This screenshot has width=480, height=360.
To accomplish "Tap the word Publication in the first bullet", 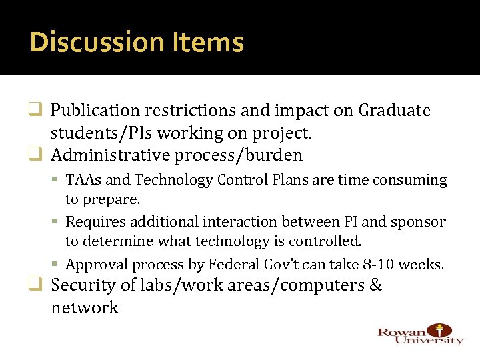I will tap(96, 111).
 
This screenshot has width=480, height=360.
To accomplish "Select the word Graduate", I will tap(395, 111).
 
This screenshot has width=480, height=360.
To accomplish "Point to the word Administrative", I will tap(110, 156).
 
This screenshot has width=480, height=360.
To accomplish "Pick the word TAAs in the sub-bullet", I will tap(82, 180).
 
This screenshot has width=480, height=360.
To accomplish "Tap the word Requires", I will tap(94, 222).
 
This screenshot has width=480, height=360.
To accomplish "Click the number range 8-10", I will tap(377, 265).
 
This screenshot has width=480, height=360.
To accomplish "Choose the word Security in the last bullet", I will tap(83, 286).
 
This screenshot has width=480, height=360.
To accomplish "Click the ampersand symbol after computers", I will tap(375, 286).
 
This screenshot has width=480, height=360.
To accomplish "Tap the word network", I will tap(85, 309).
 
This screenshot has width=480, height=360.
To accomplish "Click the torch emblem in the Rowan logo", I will tap(440, 330).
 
